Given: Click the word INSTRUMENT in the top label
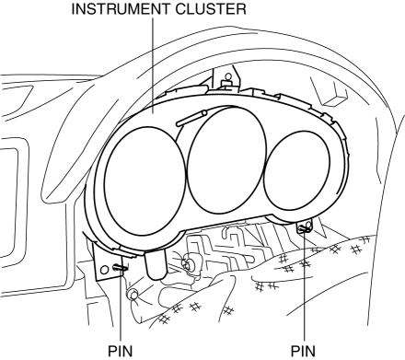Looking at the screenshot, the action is click(121, 9).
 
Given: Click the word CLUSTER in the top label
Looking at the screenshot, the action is click(211, 9).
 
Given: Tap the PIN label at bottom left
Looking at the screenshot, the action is click(121, 351).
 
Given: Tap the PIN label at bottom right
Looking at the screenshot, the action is click(303, 351).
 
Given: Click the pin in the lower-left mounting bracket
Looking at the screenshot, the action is click(120, 268).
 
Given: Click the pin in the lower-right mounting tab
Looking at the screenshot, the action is click(304, 228).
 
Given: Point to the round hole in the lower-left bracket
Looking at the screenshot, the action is click(105, 270).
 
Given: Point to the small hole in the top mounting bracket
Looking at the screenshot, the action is click(227, 75).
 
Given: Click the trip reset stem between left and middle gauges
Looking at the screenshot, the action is click(191, 118).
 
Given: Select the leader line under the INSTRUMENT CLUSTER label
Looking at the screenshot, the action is click(153, 65).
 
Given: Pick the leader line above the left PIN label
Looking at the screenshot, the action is click(121, 306).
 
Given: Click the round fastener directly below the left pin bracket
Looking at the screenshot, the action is click(133, 295).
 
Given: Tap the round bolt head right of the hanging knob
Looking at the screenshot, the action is click(186, 264).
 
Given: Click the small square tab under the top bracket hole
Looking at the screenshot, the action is click(227, 83).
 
